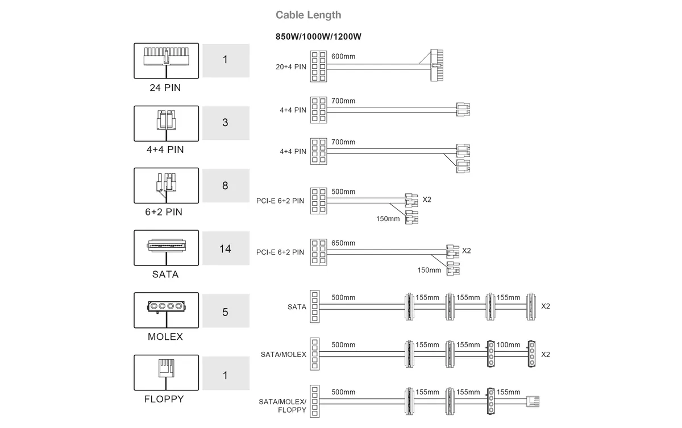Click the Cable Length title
pos(308,15)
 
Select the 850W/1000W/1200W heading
pos(318,36)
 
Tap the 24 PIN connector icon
pos(166,61)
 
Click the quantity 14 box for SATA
pos(226,248)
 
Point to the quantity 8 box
pos(226,186)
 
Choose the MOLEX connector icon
pos(166,310)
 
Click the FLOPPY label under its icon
pos(164,399)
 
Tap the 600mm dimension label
pos(343,56)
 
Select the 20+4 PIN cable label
pos(291,67)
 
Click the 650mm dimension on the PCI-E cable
pos(343,243)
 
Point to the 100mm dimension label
pos(509,345)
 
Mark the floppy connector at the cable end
pos(533,401)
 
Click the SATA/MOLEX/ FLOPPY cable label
pos(282,406)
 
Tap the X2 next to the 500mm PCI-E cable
pos(427,200)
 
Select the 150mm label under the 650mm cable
pos(429,270)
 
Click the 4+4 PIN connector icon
pos(166,123)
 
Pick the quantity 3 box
pos(226,123)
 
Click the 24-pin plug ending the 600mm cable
pos(437,65)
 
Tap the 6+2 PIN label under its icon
pos(164,212)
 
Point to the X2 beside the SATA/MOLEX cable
pos(546,354)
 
